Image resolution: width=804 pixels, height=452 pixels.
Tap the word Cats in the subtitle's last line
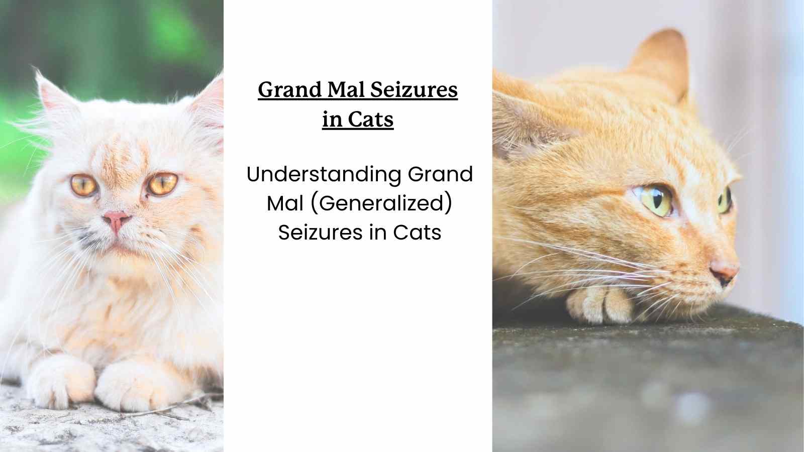coord(417,232)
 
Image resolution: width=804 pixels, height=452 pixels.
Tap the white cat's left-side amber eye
coord(84,185)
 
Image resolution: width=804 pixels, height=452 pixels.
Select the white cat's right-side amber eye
coord(163,183)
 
